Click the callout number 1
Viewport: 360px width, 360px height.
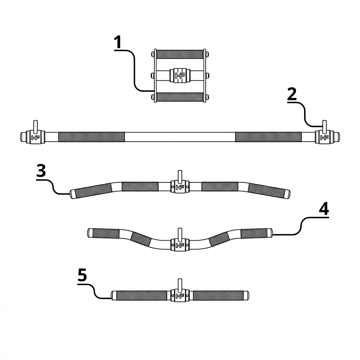click(x=118, y=42)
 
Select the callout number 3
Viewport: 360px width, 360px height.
click(x=41, y=171)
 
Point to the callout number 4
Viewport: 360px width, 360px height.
click(x=324, y=209)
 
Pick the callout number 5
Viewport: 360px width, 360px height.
click(x=82, y=275)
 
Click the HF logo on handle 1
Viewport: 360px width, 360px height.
click(x=180, y=76)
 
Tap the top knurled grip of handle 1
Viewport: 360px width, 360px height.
click(x=180, y=54)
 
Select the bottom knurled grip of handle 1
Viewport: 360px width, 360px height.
click(x=180, y=97)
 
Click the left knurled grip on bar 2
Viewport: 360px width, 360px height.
click(x=91, y=137)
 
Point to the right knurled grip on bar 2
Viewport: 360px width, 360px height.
click(x=268, y=137)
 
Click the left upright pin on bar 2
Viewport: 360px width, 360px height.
click(x=36, y=127)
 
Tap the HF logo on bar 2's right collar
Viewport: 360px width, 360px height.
click(x=324, y=137)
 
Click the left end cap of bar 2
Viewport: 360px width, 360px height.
click(x=23, y=137)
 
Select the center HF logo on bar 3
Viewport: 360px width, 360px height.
click(x=180, y=187)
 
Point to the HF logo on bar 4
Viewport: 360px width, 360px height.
click(x=180, y=245)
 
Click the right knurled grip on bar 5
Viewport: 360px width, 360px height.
click(x=218, y=295)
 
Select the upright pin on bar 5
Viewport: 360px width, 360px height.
click(x=180, y=285)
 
